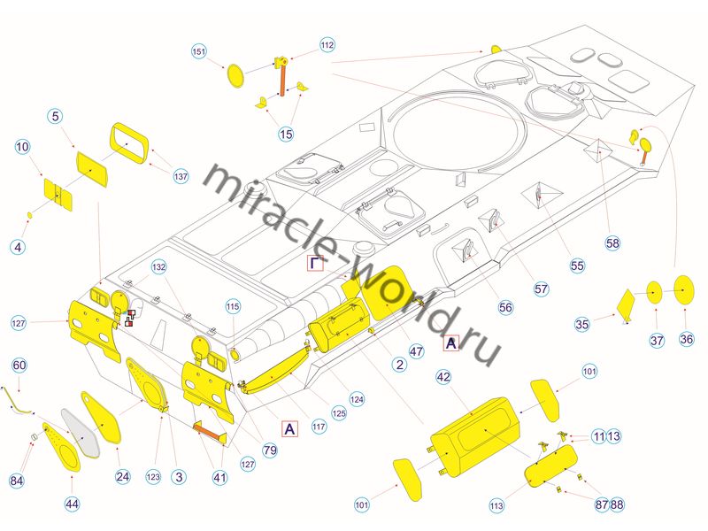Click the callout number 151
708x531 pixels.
(199, 52)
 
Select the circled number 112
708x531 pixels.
(327, 44)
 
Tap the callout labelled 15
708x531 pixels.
(285, 134)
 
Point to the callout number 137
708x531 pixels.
(181, 176)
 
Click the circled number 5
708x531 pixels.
(55, 117)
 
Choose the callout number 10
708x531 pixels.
(22, 146)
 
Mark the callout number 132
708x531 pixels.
(158, 265)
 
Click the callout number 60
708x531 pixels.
(19, 366)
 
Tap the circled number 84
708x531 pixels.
(17, 481)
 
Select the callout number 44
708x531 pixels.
(72, 504)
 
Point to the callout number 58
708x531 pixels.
(613, 242)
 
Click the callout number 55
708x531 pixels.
(577, 265)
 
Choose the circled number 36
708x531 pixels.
(687, 339)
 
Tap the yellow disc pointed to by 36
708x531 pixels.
(683, 289)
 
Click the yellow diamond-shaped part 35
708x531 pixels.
(626, 304)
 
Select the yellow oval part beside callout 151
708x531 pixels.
(236, 73)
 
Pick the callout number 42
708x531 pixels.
(444, 376)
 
